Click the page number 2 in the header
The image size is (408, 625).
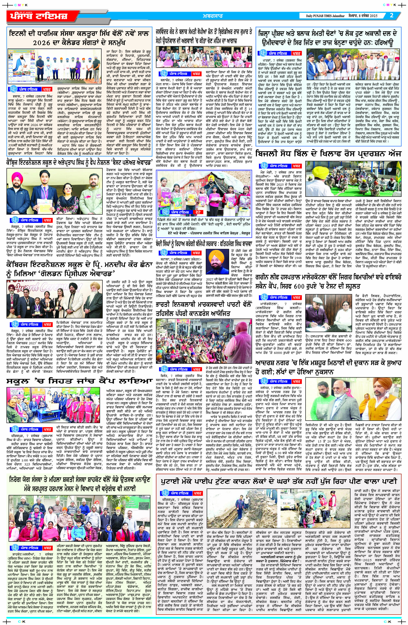click(x=391, y=16)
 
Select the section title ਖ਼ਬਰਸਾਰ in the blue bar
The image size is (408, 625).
click(x=213, y=16)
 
